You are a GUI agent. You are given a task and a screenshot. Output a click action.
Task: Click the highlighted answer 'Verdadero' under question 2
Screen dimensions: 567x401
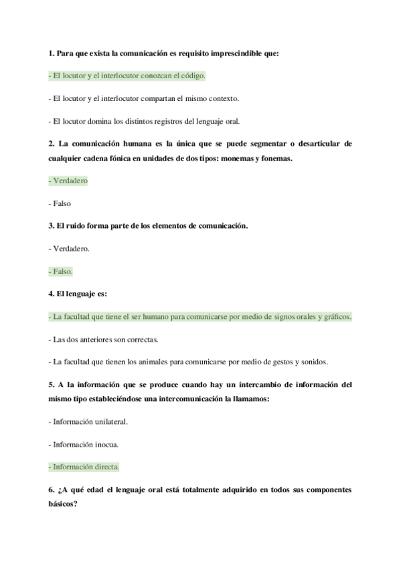tap(68, 181)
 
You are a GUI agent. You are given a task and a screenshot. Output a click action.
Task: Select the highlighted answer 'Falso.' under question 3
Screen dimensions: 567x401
tap(61, 271)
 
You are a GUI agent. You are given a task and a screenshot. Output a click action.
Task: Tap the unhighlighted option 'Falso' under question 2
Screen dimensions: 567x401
tap(60, 203)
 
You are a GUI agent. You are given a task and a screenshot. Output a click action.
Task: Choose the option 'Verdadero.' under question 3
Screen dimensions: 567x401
tap(70, 249)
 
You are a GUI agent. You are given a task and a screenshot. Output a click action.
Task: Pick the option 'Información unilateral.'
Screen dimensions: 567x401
tap(88, 422)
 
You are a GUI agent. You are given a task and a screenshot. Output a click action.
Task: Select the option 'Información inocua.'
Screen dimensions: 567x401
tap(83, 444)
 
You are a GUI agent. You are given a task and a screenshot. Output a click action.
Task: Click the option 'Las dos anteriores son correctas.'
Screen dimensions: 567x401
tap(104, 340)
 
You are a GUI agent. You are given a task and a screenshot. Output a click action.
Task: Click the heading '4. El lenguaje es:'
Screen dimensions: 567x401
tap(78, 294)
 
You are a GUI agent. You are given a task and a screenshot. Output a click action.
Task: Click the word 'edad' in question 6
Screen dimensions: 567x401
tap(93, 489)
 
